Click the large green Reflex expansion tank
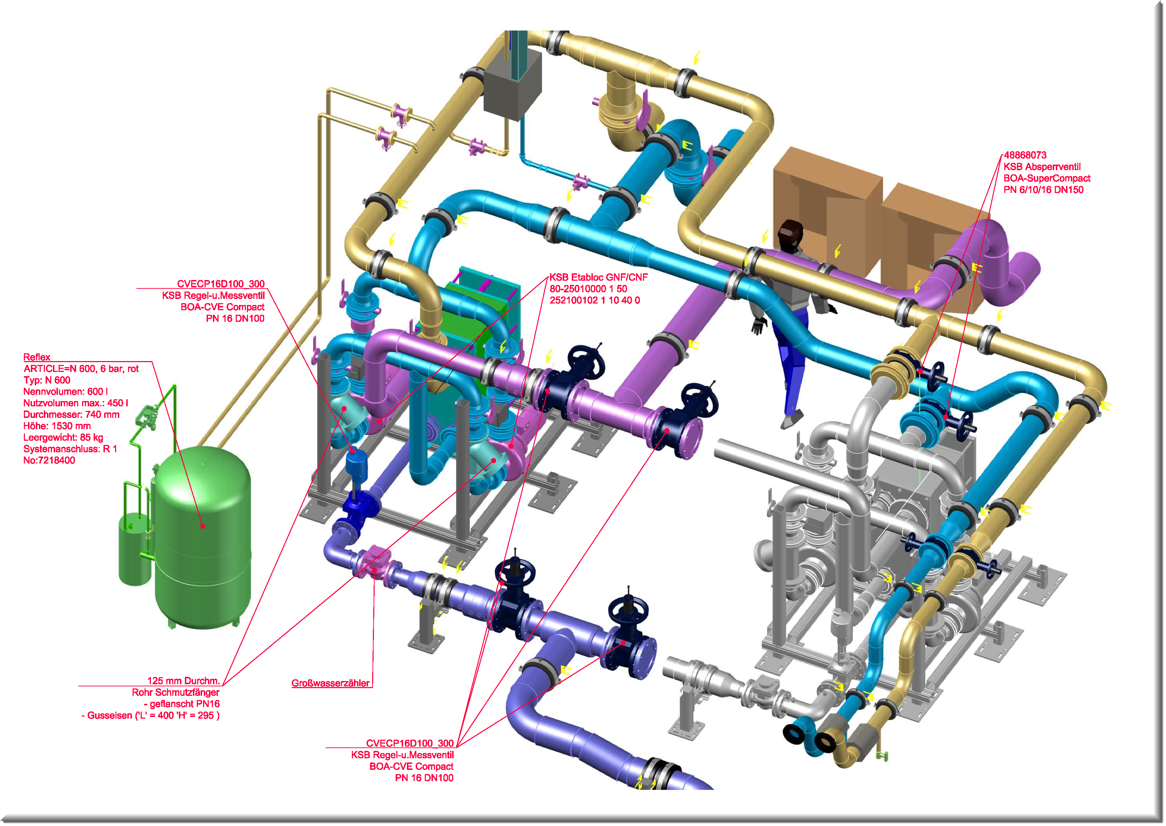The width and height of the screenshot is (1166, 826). pos(203,534)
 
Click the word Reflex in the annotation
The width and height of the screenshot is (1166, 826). pos(36,358)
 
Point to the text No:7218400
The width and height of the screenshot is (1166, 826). pos(49,461)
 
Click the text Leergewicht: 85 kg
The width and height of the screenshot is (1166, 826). pos(63,438)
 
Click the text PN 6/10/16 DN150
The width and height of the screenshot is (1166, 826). pos(1044,190)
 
